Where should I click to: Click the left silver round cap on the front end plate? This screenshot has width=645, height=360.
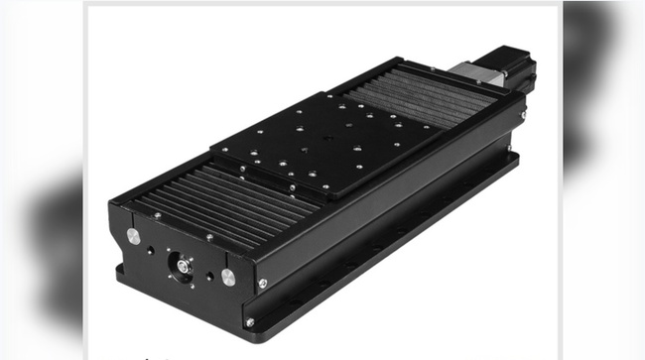coord(132,236)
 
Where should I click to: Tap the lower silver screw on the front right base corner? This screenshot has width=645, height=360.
coord(249,322)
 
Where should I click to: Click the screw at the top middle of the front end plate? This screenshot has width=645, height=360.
coord(208,238)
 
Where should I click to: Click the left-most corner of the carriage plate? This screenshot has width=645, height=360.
coord(211,154)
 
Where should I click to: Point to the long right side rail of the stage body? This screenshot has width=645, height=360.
coord(397,213)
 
